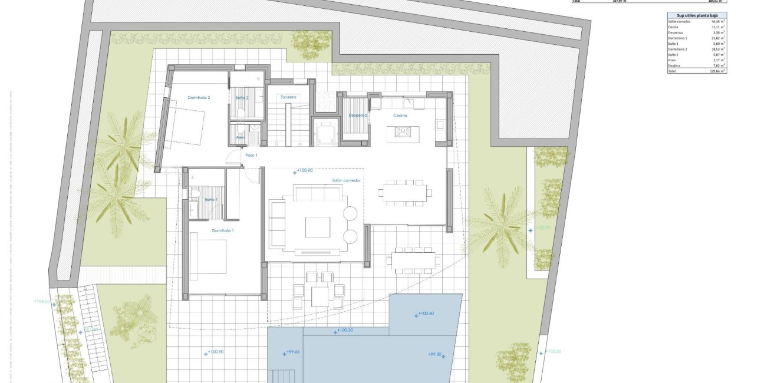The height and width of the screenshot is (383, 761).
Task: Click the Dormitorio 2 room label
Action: pyautogui.click(x=199, y=97)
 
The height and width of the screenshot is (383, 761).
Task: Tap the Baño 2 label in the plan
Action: pyautogui.click(x=242, y=97)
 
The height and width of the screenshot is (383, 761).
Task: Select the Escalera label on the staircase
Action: pyautogui.click(x=288, y=97)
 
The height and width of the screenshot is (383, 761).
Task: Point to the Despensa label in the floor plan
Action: pyautogui.click(x=357, y=115)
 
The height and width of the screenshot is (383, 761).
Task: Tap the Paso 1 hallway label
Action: pyautogui.click(x=251, y=155)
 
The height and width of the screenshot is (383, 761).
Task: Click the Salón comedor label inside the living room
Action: pyautogui.click(x=346, y=180)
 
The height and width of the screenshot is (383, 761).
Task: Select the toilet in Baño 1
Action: pyautogui.click(x=195, y=194)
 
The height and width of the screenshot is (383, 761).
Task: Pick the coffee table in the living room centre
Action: pyautogui.click(x=318, y=227)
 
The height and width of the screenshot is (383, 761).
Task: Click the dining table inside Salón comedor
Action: pyautogui.click(x=405, y=193)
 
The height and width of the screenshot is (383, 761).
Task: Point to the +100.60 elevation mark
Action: pyautogui.click(x=426, y=313)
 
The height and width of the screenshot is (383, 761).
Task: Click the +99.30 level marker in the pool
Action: pyautogui.click(x=436, y=354)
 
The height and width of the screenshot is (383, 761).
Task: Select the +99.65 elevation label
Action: pyautogui.click(x=291, y=352)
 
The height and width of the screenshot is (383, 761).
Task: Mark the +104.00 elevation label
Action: pyautogui.click(x=42, y=301)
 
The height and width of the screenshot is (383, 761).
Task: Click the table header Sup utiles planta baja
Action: pyautogui.click(x=693, y=15)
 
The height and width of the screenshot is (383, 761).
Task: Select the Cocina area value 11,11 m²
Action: pyautogui.click(x=718, y=27)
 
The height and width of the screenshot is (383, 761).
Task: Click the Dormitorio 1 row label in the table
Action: pyautogui.click(x=678, y=38)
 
